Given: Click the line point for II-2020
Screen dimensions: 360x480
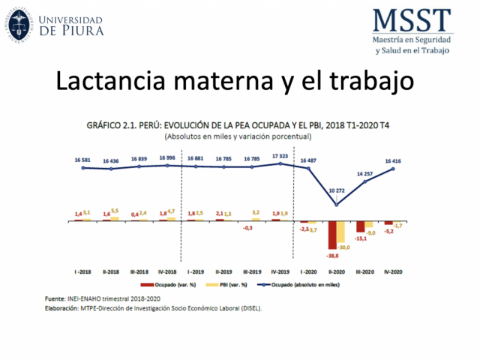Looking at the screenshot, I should [336, 205].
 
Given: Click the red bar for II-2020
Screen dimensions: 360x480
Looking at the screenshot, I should [332, 235].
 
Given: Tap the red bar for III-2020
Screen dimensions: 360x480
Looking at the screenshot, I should [361, 226].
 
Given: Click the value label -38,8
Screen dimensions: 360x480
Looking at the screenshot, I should [331, 255].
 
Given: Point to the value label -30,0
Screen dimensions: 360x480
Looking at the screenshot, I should [343, 247].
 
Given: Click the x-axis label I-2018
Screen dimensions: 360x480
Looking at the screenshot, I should [83, 271].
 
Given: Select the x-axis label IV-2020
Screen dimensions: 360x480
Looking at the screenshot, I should [394, 271].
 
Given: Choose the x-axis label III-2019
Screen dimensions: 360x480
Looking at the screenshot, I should [252, 271].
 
